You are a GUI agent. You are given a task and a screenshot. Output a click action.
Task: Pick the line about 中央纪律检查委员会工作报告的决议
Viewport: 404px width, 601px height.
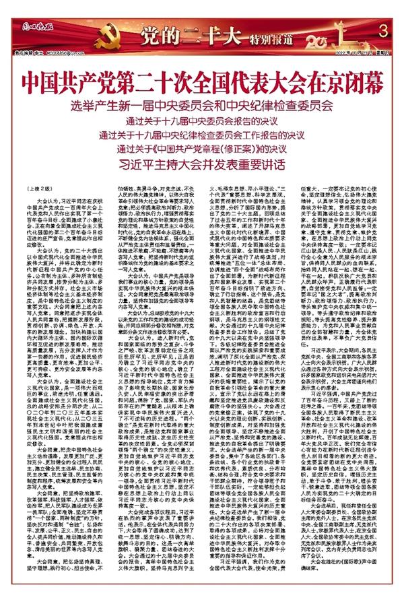pos(202,135)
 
